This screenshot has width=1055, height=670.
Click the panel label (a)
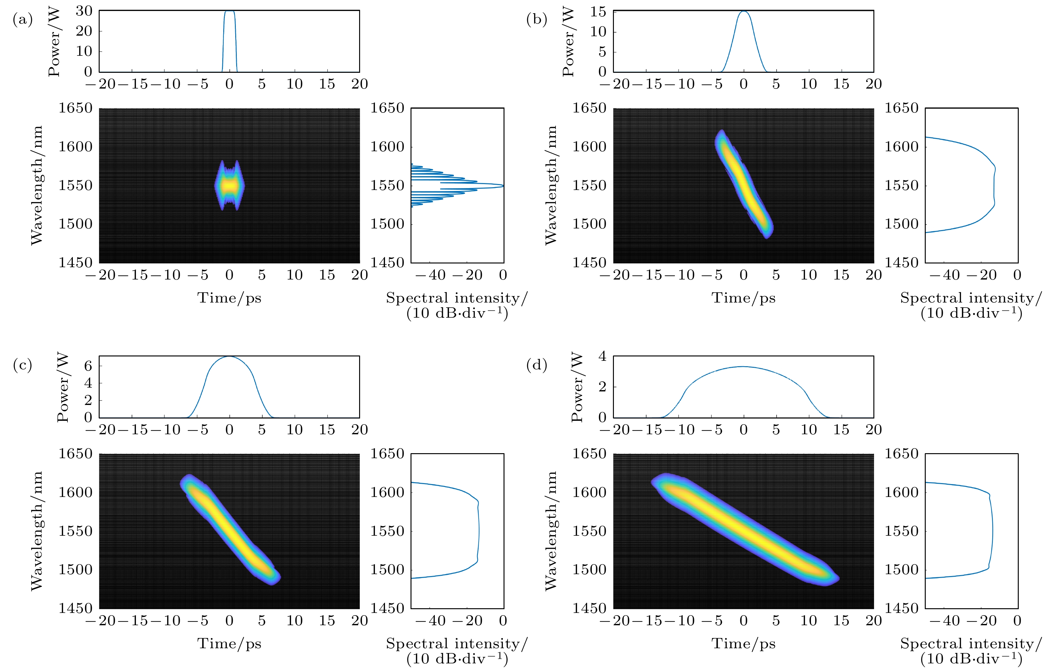click(23, 20)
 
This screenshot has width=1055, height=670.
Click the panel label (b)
click(537, 20)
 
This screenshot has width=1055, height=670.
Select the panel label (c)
click(23, 365)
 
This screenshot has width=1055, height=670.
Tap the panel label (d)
click(537, 365)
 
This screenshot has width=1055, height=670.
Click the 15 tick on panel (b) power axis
click(598, 12)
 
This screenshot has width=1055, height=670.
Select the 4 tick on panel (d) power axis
click(603, 356)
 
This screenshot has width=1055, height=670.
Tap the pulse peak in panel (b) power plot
click(743, 12)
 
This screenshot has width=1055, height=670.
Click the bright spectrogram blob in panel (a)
click(229, 186)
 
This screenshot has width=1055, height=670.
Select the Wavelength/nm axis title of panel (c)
click(37, 531)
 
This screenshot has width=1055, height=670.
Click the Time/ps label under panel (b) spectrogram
click(743, 298)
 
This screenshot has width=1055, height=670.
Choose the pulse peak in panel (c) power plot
click(229, 357)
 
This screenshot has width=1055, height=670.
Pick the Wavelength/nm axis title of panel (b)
click(551, 185)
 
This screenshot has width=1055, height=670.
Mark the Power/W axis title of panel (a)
click(54, 42)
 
